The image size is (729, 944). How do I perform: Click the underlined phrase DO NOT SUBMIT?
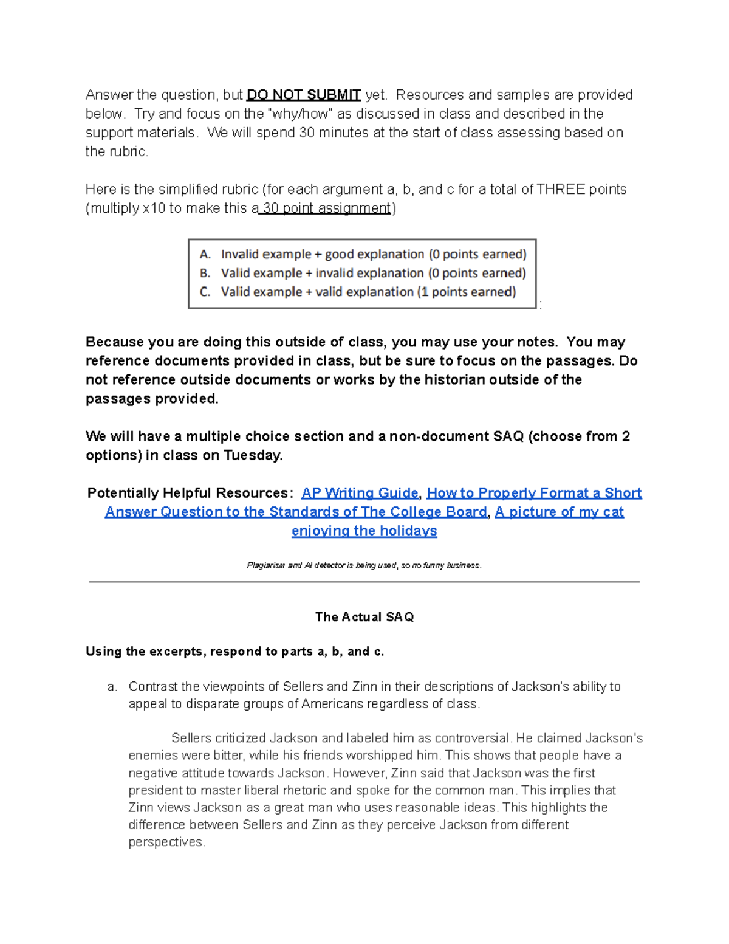304,95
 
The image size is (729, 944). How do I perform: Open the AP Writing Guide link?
360,493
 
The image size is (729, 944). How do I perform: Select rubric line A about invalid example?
363,254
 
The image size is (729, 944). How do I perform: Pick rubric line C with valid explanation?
358,292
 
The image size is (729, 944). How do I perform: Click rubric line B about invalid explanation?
363,273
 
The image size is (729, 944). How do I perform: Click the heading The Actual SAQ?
364,617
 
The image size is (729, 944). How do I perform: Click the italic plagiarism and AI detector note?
364,565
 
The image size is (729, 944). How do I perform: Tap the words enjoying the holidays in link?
364,531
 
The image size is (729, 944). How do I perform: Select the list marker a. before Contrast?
112,687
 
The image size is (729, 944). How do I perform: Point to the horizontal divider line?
364,582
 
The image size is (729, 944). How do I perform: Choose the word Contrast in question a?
153,687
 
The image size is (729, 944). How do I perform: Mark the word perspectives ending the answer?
166,842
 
